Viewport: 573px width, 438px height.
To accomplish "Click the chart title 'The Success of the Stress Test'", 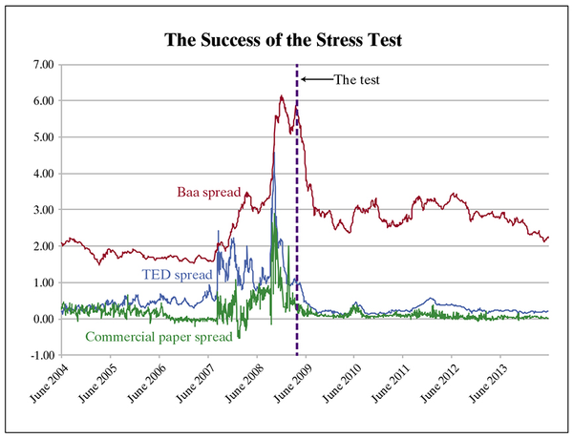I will coord(286,41).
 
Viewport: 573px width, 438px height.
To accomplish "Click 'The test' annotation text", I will coord(356,80).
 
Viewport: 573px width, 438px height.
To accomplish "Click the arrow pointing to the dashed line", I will coord(315,80).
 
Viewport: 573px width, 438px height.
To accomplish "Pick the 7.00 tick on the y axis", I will coord(42,65).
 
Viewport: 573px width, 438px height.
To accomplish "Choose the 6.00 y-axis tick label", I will coord(42,101).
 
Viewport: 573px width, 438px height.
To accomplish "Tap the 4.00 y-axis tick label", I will coord(42,174).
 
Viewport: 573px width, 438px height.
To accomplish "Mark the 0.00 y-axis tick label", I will coord(42,319).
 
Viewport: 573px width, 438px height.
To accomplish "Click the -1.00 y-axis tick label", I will coord(40,355).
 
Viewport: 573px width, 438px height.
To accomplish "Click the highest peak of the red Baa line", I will coord(281,95).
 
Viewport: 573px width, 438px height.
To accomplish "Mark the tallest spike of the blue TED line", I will coord(273,163).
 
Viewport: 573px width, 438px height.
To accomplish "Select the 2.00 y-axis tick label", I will coord(42,246).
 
